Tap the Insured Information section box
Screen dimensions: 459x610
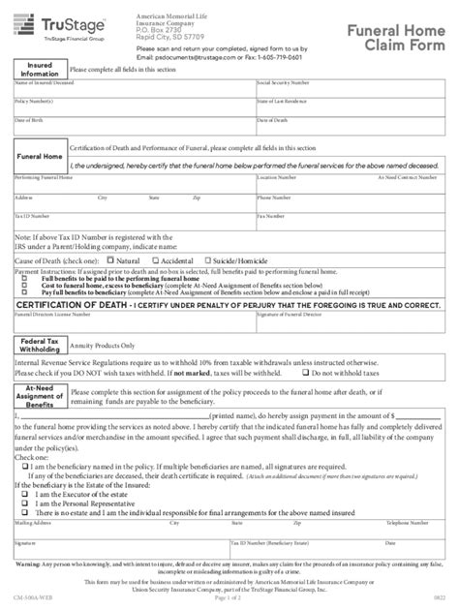[35, 70]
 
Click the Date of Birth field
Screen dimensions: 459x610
[131, 128]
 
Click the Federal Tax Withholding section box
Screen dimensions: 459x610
[37, 347]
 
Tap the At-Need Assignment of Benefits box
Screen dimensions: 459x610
[35, 394]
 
